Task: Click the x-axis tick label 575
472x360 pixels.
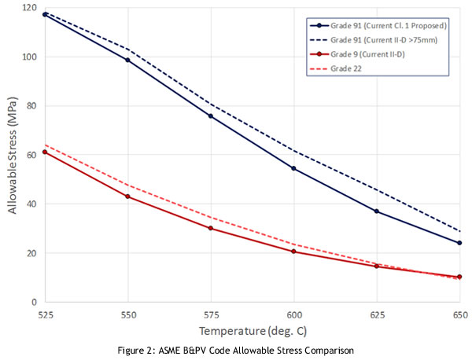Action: click(x=211, y=313)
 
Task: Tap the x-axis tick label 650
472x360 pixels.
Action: click(x=459, y=313)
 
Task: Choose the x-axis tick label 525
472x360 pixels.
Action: click(x=45, y=313)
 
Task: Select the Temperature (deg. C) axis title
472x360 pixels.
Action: click(x=252, y=330)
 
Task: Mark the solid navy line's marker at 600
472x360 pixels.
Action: click(x=293, y=168)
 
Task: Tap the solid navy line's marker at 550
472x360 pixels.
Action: click(x=128, y=60)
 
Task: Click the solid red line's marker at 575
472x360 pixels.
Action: click(x=211, y=228)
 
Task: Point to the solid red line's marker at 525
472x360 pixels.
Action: click(x=45, y=152)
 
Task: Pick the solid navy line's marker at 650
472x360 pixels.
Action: click(x=459, y=243)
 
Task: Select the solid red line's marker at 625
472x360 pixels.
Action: click(x=377, y=266)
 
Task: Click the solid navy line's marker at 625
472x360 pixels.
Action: click(x=377, y=211)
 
